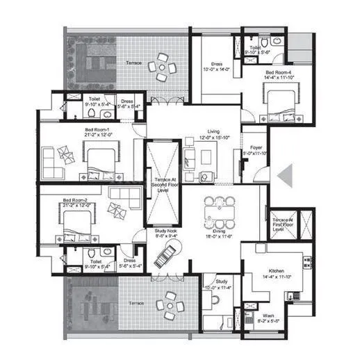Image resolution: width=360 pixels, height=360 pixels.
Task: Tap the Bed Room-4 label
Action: pos(280,75)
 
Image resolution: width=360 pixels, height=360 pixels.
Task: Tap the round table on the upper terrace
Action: pos(163,67)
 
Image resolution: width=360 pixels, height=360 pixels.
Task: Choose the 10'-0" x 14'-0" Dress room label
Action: pos(215,67)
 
